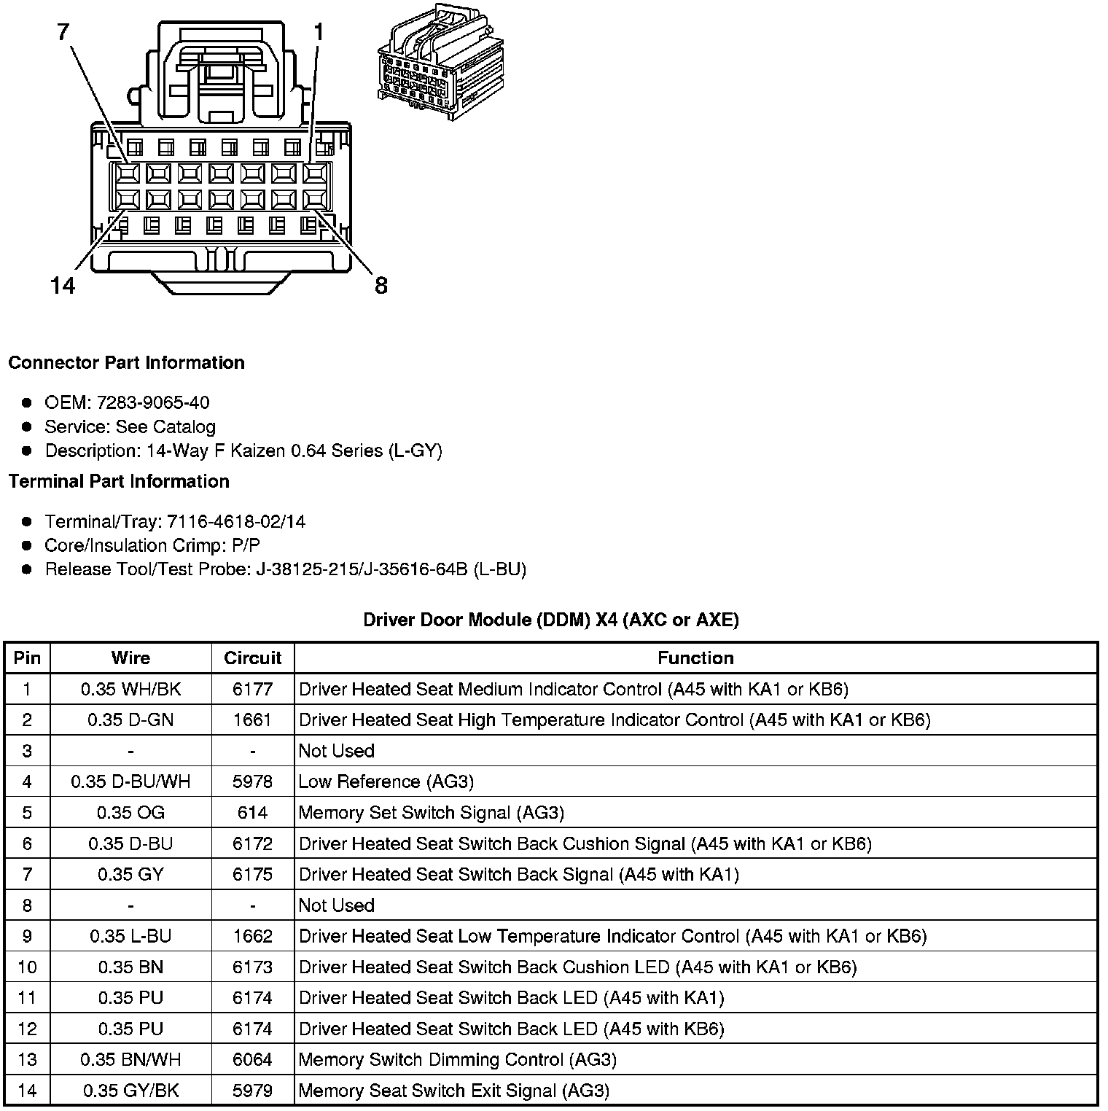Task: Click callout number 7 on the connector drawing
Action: coord(63,32)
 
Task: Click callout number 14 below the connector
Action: coord(63,285)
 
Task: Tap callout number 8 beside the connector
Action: coord(381,285)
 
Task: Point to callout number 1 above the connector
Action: coord(319,32)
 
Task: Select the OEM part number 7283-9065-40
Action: coord(153,402)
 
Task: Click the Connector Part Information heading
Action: coord(126,363)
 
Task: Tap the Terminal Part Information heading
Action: coord(119,482)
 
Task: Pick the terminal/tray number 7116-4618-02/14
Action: coord(236,521)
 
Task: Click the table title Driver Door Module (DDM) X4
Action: coord(551,620)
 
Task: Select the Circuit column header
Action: coord(252,658)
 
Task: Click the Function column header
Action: coord(695,658)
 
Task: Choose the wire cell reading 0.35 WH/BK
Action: coord(130,689)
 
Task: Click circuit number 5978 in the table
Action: coord(252,781)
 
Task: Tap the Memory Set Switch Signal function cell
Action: coord(432,812)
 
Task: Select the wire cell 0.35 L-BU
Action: coord(130,936)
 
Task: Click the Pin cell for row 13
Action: coord(27,1059)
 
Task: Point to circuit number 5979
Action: coord(252,1091)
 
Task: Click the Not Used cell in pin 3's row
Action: coord(337,751)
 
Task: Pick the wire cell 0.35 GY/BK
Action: coord(130,1091)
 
